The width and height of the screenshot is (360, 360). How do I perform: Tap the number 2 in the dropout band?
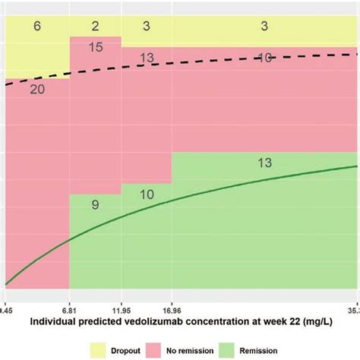(x=95, y=27)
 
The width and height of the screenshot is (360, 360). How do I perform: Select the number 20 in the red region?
(x=36, y=90)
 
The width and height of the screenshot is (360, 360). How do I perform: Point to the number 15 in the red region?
(x=95, y=47)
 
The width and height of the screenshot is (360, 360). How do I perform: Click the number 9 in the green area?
(x=95, y=204)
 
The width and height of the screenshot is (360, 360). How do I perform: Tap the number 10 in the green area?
(x=146, y=194)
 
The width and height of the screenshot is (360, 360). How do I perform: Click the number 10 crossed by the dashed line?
(x=264, y=58)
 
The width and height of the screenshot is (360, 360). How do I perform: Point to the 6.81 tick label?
(x=70, y=310)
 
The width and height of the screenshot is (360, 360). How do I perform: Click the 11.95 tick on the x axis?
(x=121, y=310)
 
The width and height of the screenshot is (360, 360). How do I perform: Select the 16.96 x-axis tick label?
(x=172, y=310)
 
